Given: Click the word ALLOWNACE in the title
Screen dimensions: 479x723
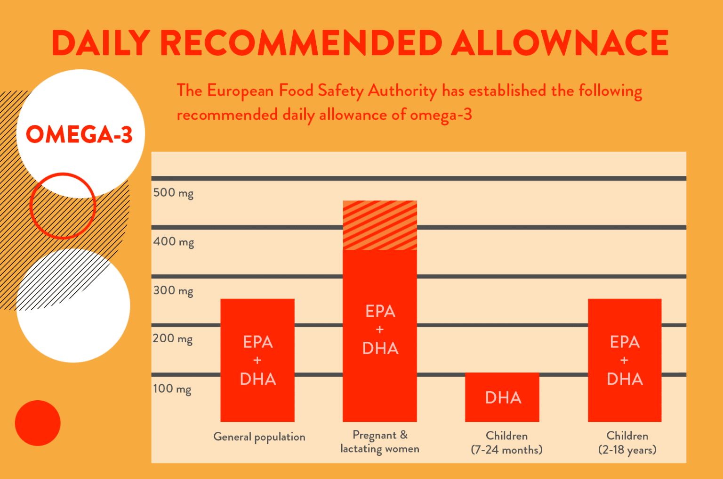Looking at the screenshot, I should tap(560, 43).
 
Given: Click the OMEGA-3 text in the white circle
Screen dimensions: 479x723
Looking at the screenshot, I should tap(79, 134).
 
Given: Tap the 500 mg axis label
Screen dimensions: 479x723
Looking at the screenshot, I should tap(173, 193).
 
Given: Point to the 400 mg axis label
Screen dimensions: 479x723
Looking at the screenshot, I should tap(173, 242).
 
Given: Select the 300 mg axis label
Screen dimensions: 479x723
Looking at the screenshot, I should tap(173, 290).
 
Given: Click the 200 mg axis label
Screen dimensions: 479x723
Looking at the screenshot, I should tap(173, 339).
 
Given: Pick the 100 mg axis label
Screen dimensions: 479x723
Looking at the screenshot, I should tap(172, 389).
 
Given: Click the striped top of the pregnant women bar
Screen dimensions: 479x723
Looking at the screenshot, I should tap(380, 225).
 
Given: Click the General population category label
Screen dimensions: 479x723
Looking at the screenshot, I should tap(259, 437).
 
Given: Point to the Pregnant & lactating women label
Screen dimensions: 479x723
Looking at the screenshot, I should tap(380, 442).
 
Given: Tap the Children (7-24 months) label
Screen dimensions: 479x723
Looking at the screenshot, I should tap(506, 443).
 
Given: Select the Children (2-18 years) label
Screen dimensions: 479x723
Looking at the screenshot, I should tap(627, 443).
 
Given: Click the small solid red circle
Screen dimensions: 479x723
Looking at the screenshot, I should tap(38, 423).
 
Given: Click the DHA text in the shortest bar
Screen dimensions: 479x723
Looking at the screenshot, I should tap(503, 398).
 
